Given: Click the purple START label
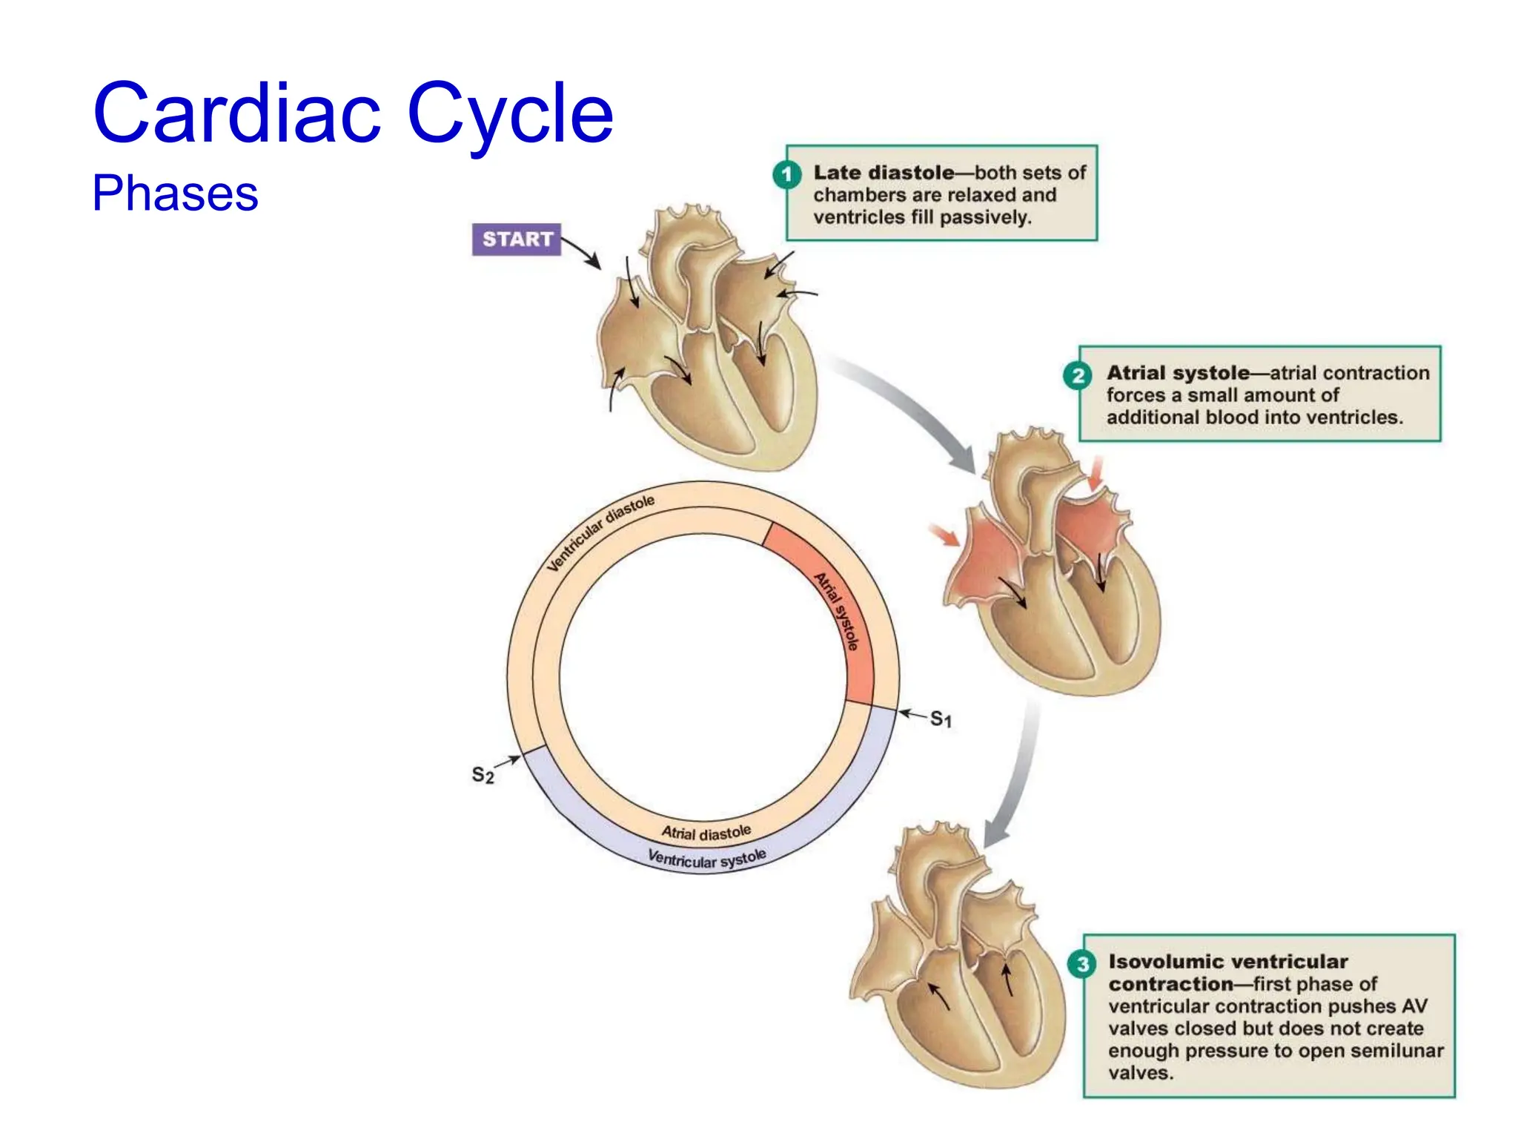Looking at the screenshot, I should point(517,239).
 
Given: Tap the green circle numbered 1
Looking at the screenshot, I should point(786,175).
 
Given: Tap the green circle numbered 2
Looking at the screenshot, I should point(1077,375).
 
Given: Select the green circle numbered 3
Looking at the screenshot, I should point(1082,964).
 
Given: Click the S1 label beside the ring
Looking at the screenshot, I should point(941,719).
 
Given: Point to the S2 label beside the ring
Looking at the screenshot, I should point(483,775).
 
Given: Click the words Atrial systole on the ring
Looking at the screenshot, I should point(837,611).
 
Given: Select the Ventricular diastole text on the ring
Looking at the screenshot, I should point(600,532).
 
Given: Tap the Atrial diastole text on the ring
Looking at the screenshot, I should point(706,833).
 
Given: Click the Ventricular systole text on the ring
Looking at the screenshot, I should point(706,859).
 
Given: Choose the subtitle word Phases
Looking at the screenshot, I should point(175,194).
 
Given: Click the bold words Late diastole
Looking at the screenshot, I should point(884,173).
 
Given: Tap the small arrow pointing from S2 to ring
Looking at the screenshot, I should point(508,762).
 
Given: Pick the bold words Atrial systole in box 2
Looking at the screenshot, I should point(1178,373).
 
